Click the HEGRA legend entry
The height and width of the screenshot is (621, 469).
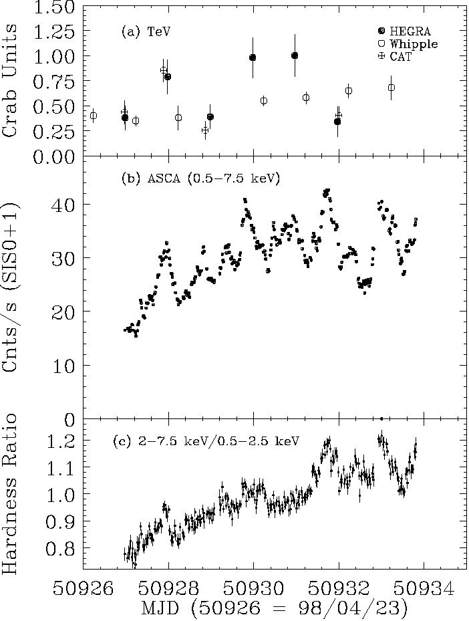(x=404, y=31)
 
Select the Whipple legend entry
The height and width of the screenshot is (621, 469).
(x=408, y=44)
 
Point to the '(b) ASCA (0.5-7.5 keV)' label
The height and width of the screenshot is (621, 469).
(x=200, y=178)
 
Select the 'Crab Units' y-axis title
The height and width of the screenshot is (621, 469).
(x=11, y=79)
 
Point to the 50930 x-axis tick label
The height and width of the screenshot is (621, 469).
(x=253, y=589)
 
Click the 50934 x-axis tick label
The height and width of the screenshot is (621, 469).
(x=424, y=589)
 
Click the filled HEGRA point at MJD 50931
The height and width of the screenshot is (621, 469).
(x=295, y=55)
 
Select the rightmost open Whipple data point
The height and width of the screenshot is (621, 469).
(x=392, y=88)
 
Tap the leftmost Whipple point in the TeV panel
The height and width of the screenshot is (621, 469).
(x=94, y=116)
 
